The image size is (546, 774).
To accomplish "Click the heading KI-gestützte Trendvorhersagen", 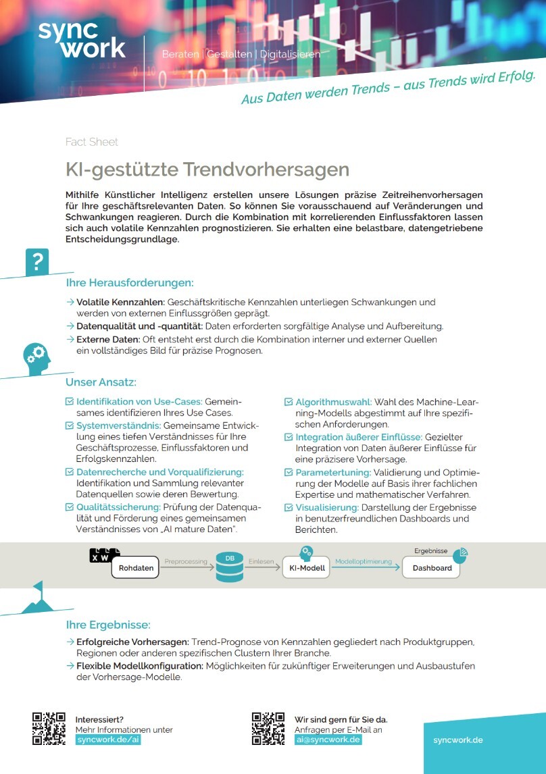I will click(x=207, y=169).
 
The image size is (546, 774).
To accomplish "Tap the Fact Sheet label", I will click(x=91, y=142).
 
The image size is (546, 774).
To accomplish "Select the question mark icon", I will click(x=37, y=261).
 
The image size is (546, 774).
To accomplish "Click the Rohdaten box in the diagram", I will click(x=136, y=568).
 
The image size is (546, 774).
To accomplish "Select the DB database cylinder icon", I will click(x=230, y=567).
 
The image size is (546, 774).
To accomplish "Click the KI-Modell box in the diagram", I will click(x=306, y=568).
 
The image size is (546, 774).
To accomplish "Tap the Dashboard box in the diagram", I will click(x=432, y=568).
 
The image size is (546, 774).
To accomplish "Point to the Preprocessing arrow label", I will click(x=185, y=561).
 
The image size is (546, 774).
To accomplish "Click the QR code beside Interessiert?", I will click(x=49, y=729).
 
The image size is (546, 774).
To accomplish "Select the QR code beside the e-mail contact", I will click(x=268, y=729).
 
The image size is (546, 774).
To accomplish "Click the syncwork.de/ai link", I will click(x=108, y=740).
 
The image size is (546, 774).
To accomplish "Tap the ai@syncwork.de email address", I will click(x=328, y=740).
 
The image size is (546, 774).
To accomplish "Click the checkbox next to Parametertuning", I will click(x=289, y=473).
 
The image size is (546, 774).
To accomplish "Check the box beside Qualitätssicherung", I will click(x=69, y=507).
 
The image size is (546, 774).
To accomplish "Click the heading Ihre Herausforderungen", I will click(x=130, y=283).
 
